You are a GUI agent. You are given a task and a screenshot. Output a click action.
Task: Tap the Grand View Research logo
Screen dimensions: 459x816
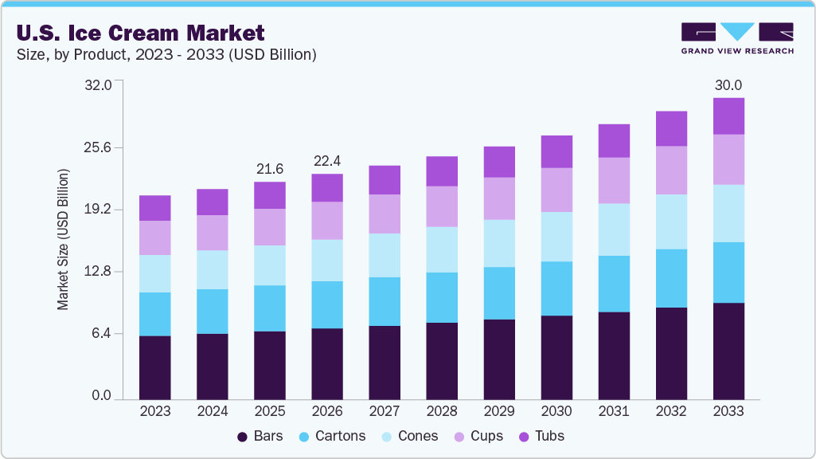point(736,37)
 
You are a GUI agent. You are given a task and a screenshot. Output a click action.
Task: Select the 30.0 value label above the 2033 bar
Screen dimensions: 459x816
point(728,85)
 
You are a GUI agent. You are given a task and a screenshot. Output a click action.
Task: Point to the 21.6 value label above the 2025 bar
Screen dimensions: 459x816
point(269,169)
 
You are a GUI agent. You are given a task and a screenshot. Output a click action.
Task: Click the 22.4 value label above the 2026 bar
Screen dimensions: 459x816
point(327,161)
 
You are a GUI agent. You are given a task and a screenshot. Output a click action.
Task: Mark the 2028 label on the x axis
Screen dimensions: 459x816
point(441,411)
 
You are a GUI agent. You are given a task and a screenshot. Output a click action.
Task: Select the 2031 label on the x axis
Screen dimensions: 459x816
point(613,411)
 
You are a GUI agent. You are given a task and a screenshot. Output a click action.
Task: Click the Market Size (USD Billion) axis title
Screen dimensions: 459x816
point(63,239)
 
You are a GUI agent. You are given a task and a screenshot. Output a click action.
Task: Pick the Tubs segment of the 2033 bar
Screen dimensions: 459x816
point(728,116)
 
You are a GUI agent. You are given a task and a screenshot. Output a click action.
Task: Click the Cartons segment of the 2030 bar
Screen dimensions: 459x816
point(556,288)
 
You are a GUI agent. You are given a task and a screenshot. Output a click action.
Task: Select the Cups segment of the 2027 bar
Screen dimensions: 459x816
point(384,214)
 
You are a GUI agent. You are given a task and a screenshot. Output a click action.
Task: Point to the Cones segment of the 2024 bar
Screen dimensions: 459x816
point(212,269)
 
